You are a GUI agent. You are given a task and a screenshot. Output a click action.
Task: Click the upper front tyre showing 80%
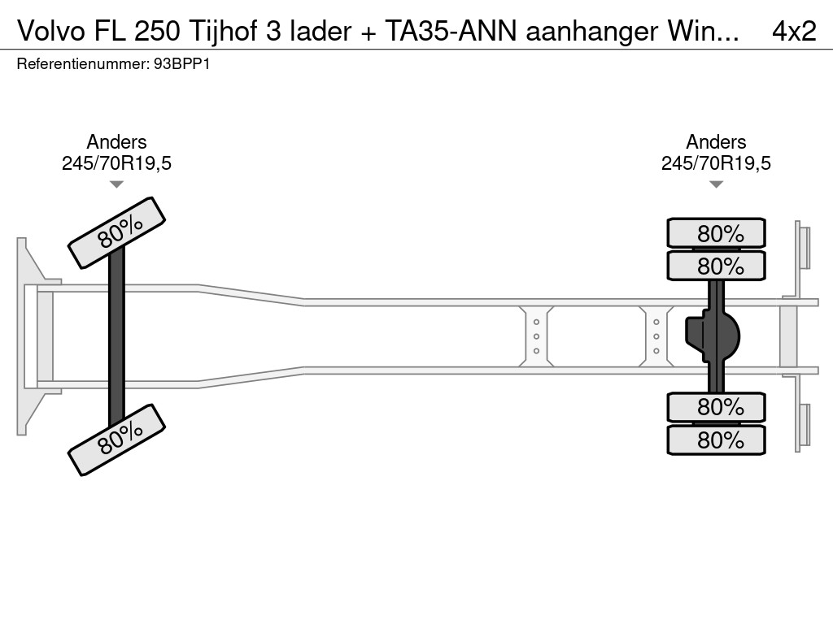click(116, 233)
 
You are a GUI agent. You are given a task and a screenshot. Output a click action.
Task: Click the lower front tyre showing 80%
click(116, 440)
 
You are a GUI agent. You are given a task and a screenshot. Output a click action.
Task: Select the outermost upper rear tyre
click(716, 233)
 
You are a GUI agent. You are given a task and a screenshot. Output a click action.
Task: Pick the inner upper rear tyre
click(716, 266)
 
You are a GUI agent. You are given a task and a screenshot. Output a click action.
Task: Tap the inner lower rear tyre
click(716, 406)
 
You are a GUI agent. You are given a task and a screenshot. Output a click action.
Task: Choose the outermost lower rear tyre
click(716, 440)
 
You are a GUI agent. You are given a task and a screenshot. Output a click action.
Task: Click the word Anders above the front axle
click(116, 142)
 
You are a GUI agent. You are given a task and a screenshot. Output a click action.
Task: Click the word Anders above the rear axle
click(716, 142)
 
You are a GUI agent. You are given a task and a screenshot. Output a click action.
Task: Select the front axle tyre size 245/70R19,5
click(116, 163)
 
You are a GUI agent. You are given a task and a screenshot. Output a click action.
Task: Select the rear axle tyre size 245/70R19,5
click(716, 163)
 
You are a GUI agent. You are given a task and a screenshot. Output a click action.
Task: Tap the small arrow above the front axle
click(116, 184)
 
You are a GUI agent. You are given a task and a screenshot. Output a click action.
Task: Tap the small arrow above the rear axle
click(716, 184)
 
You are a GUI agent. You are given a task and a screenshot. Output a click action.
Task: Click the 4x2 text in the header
click(793, 31)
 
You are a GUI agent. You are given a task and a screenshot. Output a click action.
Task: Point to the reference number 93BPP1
click(181, 63)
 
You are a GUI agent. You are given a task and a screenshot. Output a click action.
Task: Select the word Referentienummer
click(82, 63)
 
